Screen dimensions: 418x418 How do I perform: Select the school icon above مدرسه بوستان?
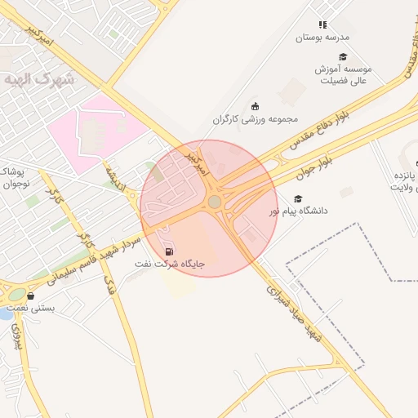pyautogui.click(x=322, y=25)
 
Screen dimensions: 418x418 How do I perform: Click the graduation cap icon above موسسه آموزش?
pyautogui.click(x=343, y=56)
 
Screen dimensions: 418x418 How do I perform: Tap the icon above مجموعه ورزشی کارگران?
pyautogui.click(x=255, y=106)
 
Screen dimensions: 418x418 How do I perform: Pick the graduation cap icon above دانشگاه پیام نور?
pyautogui.click(x=298, y=198)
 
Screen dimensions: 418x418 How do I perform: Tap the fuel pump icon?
pyautogui.click(x=169, y=251)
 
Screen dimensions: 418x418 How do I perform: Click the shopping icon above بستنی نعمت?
pyautogui.click(x=31, y=296)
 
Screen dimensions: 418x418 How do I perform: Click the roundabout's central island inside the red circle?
pyautogui.click(x=214, y=202)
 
